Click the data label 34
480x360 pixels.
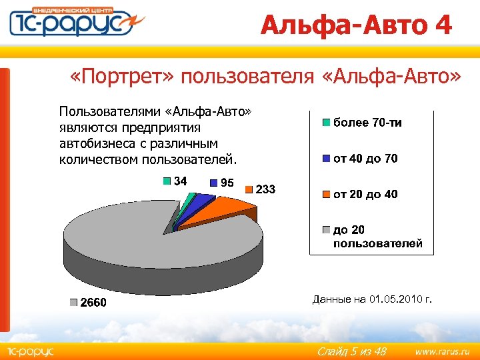(180, 181)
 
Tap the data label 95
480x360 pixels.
(227, 183)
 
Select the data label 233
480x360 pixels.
(265, 189)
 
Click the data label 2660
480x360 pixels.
(93, 303)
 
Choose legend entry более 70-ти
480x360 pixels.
(367, 123)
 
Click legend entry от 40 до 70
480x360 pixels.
(365, 159)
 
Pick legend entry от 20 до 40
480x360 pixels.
(365, 194)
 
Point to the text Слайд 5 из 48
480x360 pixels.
(352, 351)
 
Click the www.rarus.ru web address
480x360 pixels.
(442, 351)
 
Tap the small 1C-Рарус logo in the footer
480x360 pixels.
(31, 351)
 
